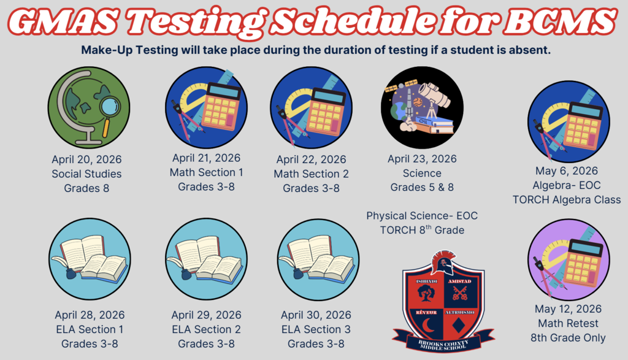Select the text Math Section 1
206,172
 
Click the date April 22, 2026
311,159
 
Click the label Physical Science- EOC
422,216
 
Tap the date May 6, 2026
567,171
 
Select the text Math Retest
568,323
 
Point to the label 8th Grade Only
568,337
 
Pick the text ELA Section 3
316,329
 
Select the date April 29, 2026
206,315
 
